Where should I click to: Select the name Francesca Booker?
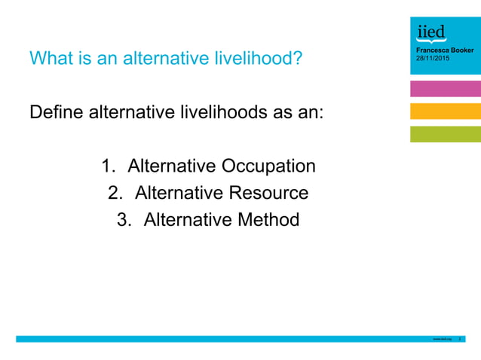click(445, 50)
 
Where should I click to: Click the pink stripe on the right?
click(445, 89)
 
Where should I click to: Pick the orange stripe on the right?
click(445, 111)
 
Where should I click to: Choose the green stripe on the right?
click(445, 134)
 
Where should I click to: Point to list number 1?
click(108, 166)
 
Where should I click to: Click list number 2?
click(115, 194)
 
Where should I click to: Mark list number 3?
click(123, 221)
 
